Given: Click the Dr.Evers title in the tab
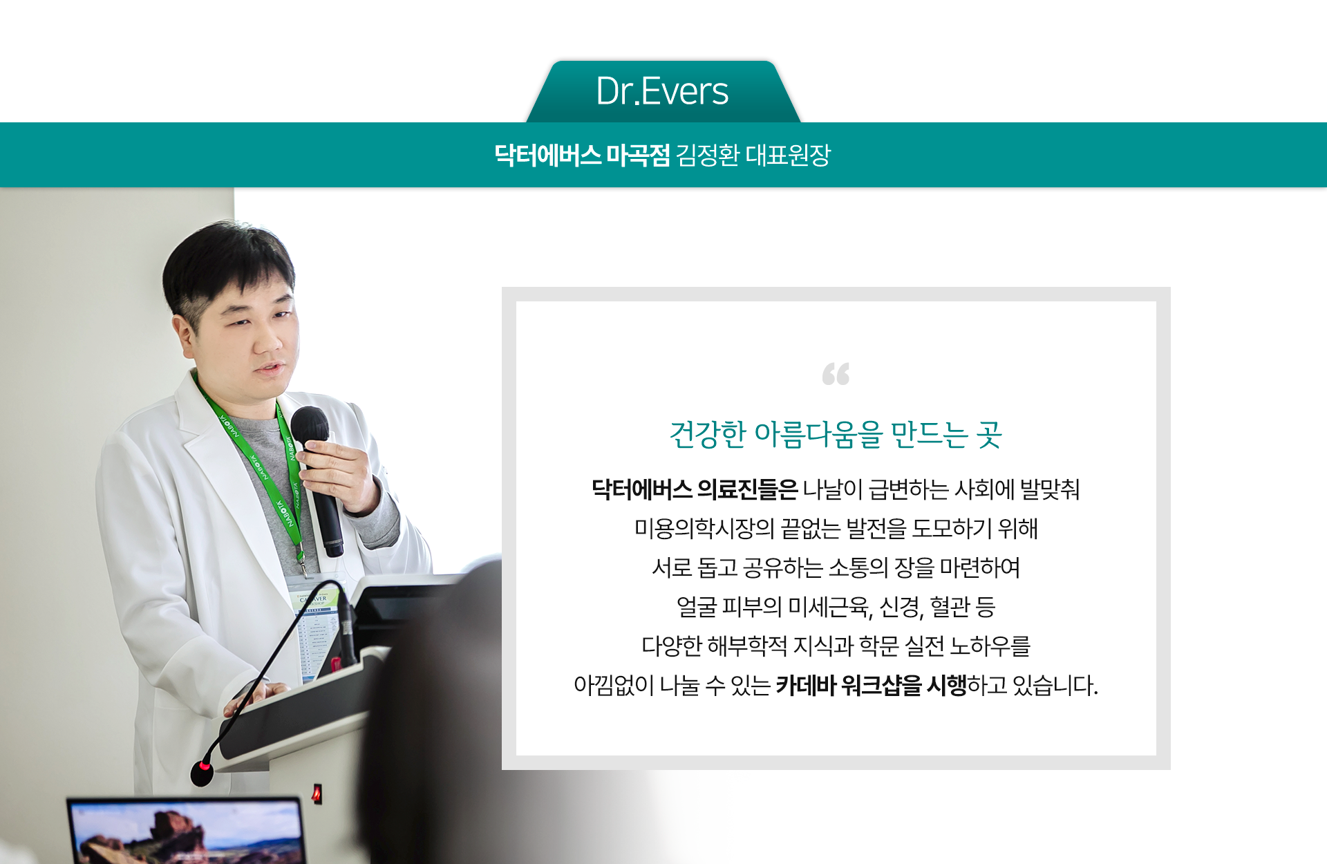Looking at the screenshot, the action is tap(662, 91).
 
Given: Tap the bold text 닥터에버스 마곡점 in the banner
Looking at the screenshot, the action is tap(582, 155).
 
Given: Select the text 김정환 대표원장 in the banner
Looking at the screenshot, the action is tap(753, 155).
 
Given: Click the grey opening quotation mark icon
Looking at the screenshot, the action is tap(836, 374).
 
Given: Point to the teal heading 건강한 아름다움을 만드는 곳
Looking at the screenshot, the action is tap(836, 434).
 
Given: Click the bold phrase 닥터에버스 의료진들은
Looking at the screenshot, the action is tap(695, 489).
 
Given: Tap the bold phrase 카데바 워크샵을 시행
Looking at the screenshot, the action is tap(871, 685).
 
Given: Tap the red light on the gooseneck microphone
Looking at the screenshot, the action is tap(204, 766).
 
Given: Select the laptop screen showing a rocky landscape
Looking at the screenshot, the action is tap(187, 833).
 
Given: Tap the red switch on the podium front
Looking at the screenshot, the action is tap(317, 793).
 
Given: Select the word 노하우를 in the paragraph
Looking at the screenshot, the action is tap(990, 646).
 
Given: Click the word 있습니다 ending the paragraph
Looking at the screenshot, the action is tap(1055, 685).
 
